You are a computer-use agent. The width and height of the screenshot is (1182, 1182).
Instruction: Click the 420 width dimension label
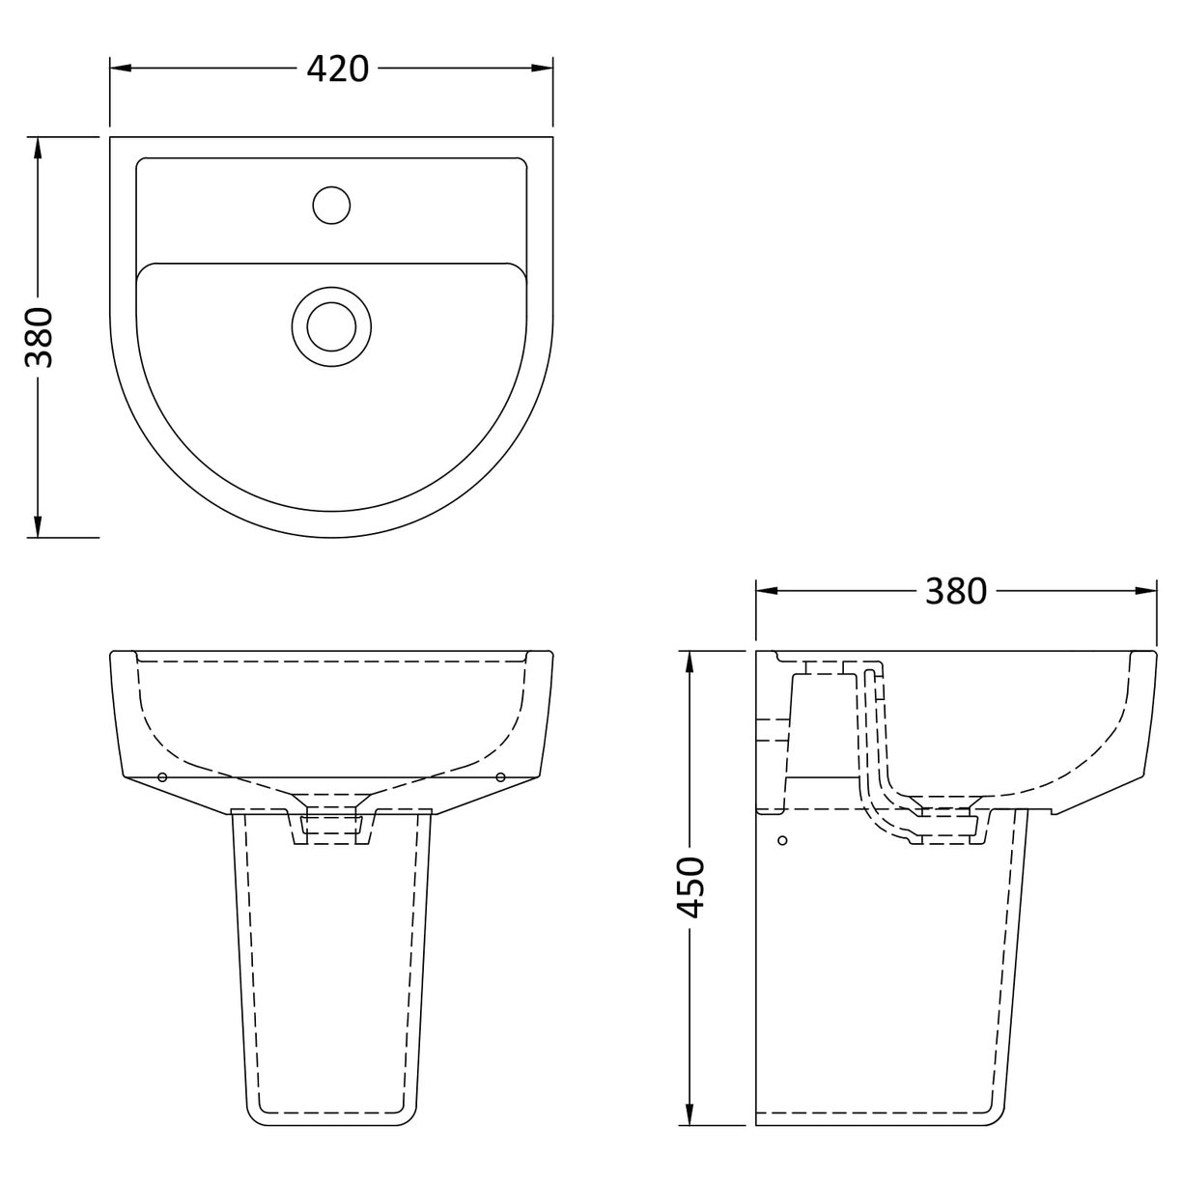point(338,68)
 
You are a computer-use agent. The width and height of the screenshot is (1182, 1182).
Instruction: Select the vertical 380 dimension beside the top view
point(38,337)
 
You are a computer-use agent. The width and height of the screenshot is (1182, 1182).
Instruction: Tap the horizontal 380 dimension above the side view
point(956,590)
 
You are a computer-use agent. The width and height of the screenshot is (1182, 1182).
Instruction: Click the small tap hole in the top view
point(331,205)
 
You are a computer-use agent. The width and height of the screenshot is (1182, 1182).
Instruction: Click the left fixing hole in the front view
point(162,776)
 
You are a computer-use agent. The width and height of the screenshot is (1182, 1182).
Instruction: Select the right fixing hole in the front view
point(500,776)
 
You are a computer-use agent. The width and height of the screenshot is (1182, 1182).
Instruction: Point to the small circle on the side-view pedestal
point(784,841)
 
